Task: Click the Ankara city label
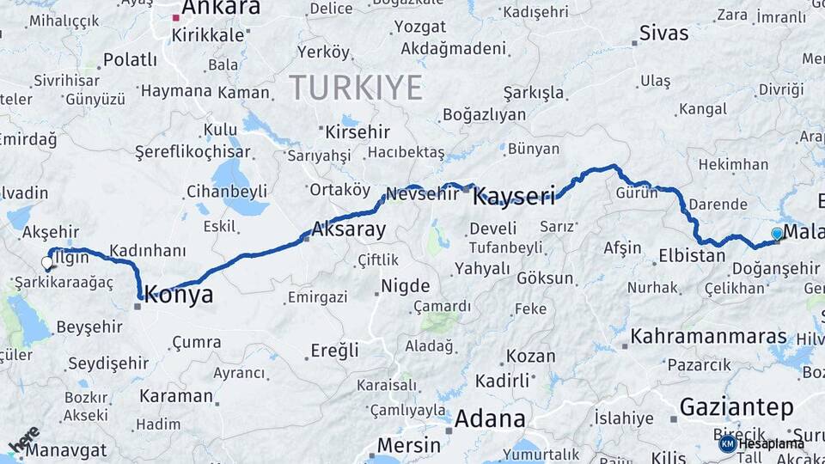(221, 9)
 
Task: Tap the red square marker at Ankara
(176, 17)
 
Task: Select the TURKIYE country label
(356, 88)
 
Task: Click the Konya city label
(179, 296)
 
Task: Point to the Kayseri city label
(514, 197)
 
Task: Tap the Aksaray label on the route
(348, 229)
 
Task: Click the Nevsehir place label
(419, 194)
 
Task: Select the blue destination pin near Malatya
(777, 233)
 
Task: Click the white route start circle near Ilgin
(47, 263)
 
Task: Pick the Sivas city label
(663, 34)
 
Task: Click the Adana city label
(490, 419)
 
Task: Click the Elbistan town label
(692, 255)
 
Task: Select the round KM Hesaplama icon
(728, 443)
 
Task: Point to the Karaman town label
(175, 396)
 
